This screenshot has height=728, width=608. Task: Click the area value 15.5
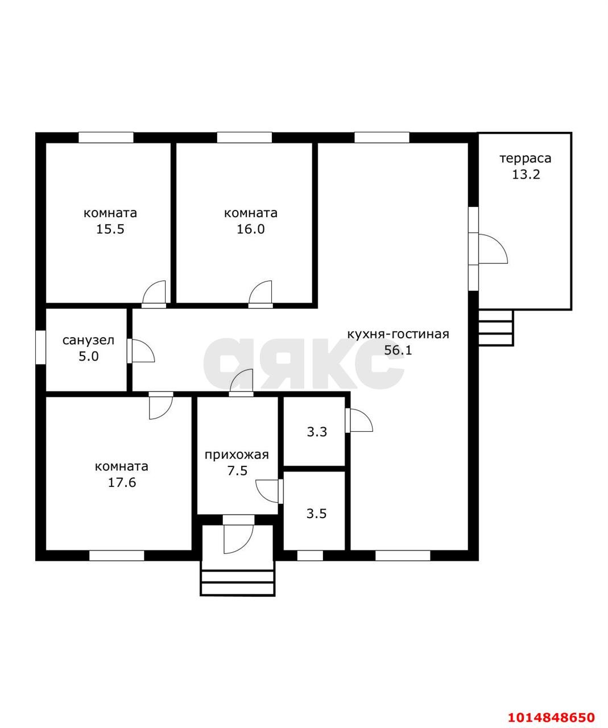(110, 229)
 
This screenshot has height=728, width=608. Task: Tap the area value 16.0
(251, 229)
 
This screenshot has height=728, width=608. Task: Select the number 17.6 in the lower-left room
(122, 482)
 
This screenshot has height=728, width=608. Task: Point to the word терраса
(526, 159)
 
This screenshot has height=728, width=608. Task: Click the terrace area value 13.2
(526, 175)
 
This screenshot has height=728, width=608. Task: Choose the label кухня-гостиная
(398, 334)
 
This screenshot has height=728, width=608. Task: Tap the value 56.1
(398, 350)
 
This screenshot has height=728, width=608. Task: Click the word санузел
(89, 340)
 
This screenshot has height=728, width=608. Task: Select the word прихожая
(237, 456)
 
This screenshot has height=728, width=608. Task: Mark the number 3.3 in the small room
(317, 432)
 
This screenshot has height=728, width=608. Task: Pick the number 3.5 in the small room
(317, 514)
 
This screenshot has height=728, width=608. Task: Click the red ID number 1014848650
(551, 715)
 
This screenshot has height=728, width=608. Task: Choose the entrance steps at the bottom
(237, 582)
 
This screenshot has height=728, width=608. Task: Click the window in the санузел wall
(41, 348)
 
